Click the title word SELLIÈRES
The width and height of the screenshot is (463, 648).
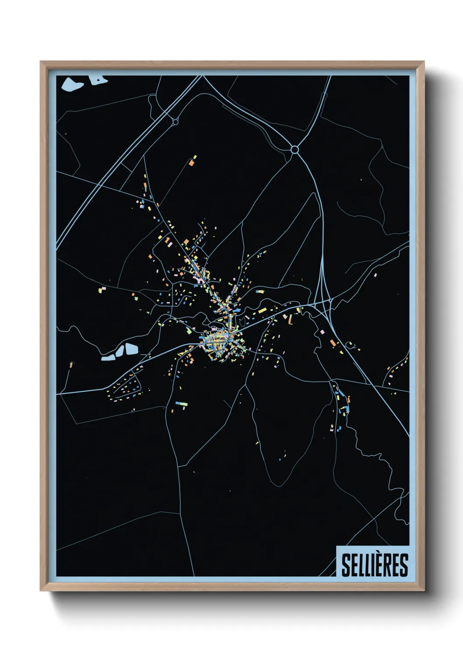click(374, 565)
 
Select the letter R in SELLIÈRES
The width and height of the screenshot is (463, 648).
click(390, 565)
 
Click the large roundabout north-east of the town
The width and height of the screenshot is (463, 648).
click(295, 150)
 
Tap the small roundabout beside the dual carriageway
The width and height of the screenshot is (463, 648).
click(175, 121)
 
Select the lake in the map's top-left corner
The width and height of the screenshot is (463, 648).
click(72, 84)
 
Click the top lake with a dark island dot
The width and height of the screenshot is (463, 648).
click(98, 79)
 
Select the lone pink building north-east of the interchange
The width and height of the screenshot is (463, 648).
click(375, 275)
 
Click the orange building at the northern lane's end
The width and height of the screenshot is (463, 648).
click(191, 162)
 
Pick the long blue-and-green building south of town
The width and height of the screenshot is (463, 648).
click(181, 403)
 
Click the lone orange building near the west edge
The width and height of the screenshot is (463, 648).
click(71, 364)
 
